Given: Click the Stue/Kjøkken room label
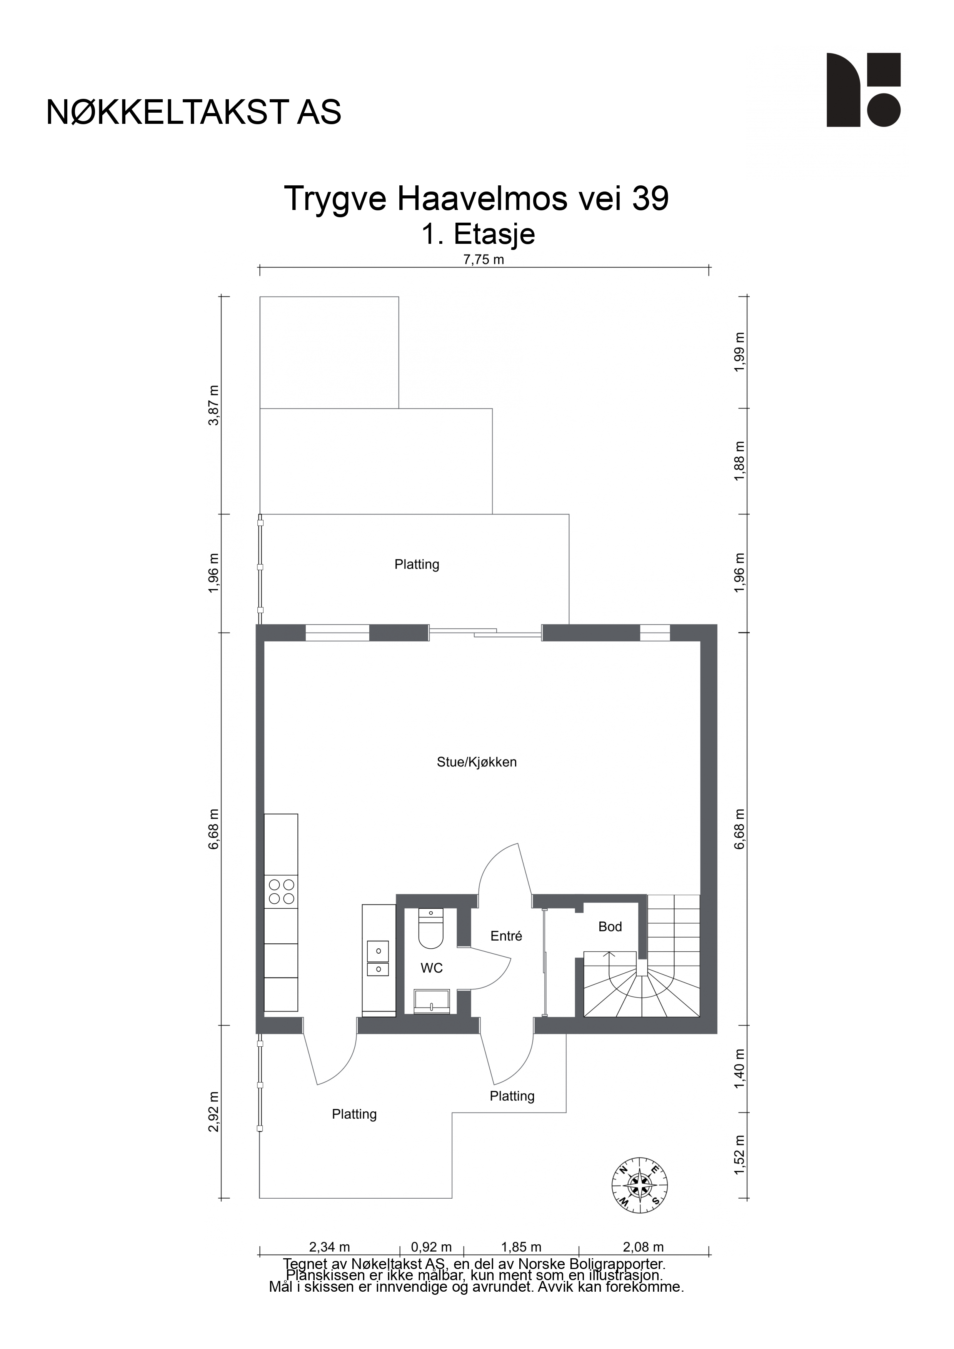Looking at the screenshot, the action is coord(477,762).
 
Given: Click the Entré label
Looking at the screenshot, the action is coord(506,936).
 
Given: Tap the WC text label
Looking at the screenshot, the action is coord(432,968).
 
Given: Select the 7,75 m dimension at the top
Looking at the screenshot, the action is coord(484,260).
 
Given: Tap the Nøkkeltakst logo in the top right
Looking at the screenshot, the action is coord(864,90).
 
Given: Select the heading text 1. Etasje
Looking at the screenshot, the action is coord(478,234).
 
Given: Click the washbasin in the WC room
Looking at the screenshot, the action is coord(432,1001).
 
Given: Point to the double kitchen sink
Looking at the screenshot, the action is coord(378,958).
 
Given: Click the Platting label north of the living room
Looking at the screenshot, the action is coord(417,564).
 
